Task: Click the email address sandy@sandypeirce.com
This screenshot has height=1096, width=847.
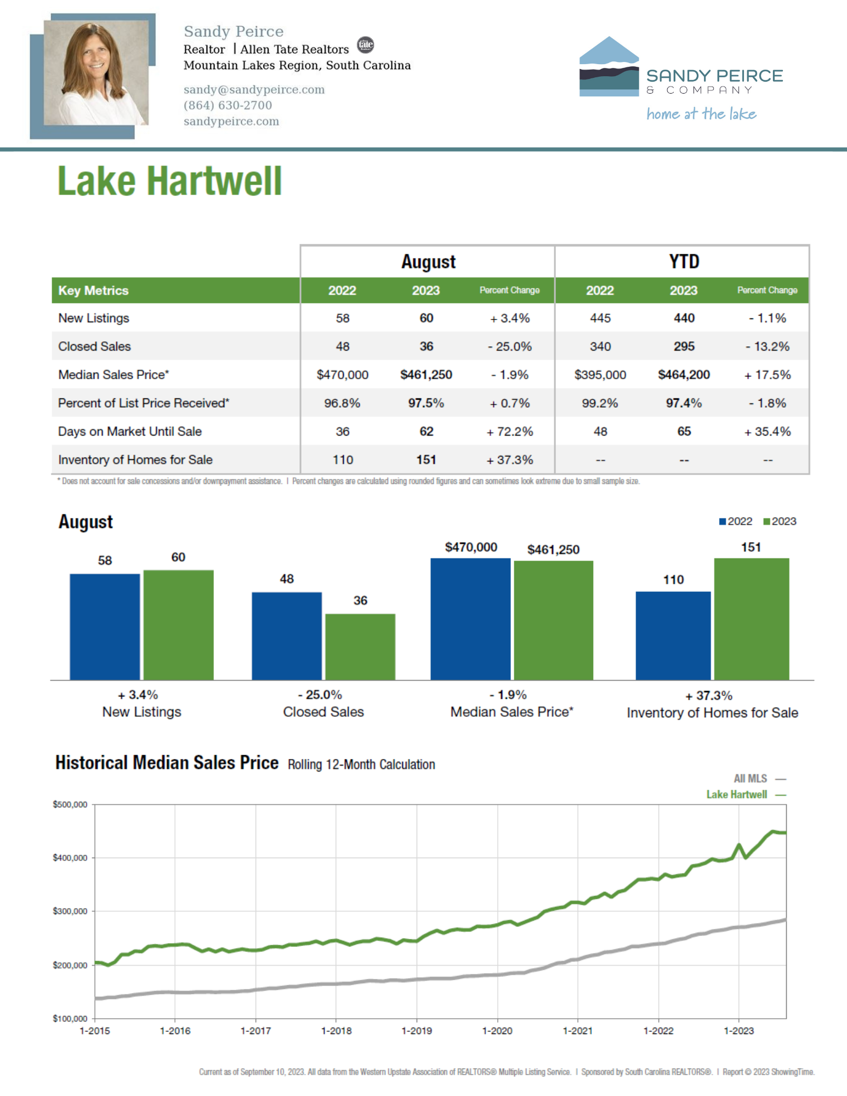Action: pyautogui.click(x=254, y=89)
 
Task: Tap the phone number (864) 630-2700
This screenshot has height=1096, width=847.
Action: pyautogui.click(x=228, y=105)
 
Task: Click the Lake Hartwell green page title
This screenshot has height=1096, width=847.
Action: pyautogui.click(x=169, y=181)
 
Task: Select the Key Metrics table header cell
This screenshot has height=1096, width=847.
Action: pyautogui.click(x=93, y=290)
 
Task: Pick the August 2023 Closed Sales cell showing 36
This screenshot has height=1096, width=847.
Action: pyautogui.click(x=426, y=346)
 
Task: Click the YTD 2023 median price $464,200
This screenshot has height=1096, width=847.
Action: pyautogui.click(x=684, y=375)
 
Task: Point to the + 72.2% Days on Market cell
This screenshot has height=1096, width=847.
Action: pyautogui.click(x=509, y=432)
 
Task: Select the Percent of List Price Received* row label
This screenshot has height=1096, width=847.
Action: pyautogui.click(x=144, y=403)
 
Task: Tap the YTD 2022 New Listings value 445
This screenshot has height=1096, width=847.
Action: pyautogui.click(x=600, y=318)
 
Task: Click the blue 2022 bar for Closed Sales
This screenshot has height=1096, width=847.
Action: pyautogui.click(x=287, y=636)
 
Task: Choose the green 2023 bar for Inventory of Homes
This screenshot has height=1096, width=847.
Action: pyautogui.click(x=751, y=619)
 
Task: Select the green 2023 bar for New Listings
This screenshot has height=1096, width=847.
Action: pyautogui.click(x=178, y=625)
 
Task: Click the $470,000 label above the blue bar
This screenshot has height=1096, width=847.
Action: pyautogui.click(x=471, y=547)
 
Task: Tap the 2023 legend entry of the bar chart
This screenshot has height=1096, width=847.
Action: pyautogui.click(x=780, y=522)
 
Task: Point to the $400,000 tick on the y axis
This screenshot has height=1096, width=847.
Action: pyautogui.click(x=70, y=858)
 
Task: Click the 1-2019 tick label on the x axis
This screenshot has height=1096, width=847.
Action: pyautogui.click(x=417, y=1031)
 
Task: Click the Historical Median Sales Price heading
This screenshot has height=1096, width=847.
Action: pyautogui.click(x=167, y=763)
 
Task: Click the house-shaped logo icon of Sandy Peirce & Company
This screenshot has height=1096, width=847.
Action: pyautogui.click(x=609, y=67)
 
